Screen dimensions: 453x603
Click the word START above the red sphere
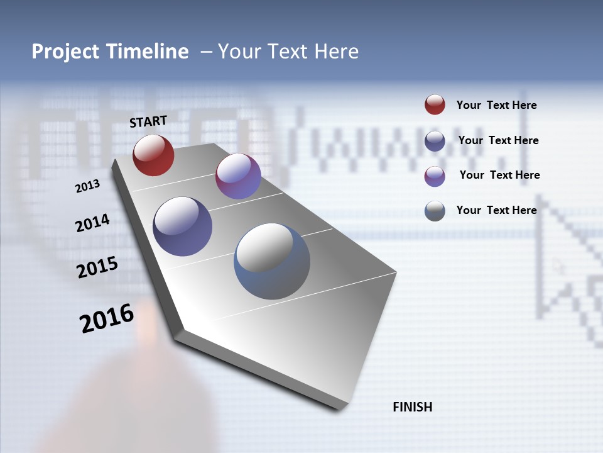148,121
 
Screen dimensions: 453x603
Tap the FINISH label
413,407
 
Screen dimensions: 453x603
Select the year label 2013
87,186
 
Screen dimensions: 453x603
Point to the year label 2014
92,223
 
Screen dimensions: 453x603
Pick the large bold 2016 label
107,318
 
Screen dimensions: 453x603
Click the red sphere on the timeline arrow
153,155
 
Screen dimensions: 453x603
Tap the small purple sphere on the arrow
238,177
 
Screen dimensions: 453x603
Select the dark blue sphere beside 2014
183,226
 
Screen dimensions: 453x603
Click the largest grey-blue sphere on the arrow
272,261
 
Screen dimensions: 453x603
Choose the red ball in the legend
435,104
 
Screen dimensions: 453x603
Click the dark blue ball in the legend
435,141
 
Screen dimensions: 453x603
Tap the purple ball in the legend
435,176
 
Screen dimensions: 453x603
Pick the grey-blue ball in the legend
435,211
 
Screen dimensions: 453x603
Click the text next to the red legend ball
496,106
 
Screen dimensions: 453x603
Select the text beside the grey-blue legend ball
496,210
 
